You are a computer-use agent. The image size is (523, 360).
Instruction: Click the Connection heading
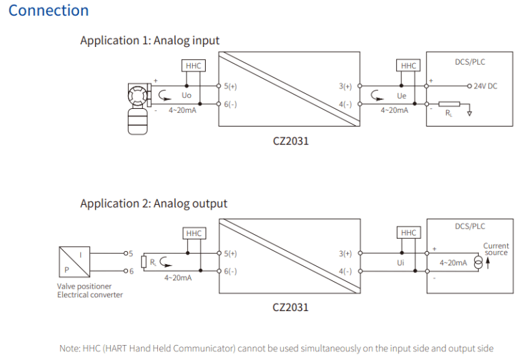coord(48,11)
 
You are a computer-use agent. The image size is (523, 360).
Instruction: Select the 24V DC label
coord(486,86)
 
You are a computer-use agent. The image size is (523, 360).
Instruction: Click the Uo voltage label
coord(186,97)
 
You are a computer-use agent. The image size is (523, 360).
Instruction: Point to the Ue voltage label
coord(401,97)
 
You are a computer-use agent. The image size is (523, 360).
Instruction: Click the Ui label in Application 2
coord(401,263)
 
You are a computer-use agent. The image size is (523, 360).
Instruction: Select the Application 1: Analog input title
coord(150,41)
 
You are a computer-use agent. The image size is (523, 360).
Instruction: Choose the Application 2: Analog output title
coord(154,203)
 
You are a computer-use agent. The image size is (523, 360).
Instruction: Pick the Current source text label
coord(496,249)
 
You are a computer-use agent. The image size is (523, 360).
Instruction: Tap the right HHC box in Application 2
coord(409,233)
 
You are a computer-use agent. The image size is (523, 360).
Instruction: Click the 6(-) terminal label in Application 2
coord(230,271)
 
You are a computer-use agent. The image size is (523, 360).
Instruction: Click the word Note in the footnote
coord(69,348)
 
